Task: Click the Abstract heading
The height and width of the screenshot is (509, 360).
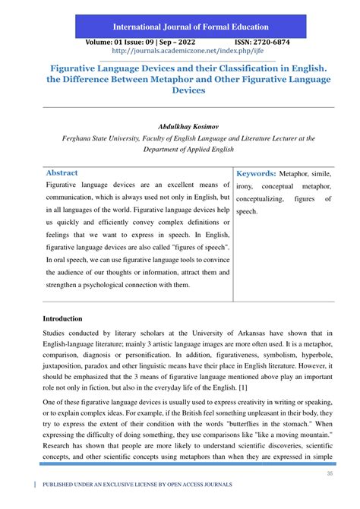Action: (x=62, y=173)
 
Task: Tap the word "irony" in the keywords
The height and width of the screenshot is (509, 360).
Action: (x=248, y=186)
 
